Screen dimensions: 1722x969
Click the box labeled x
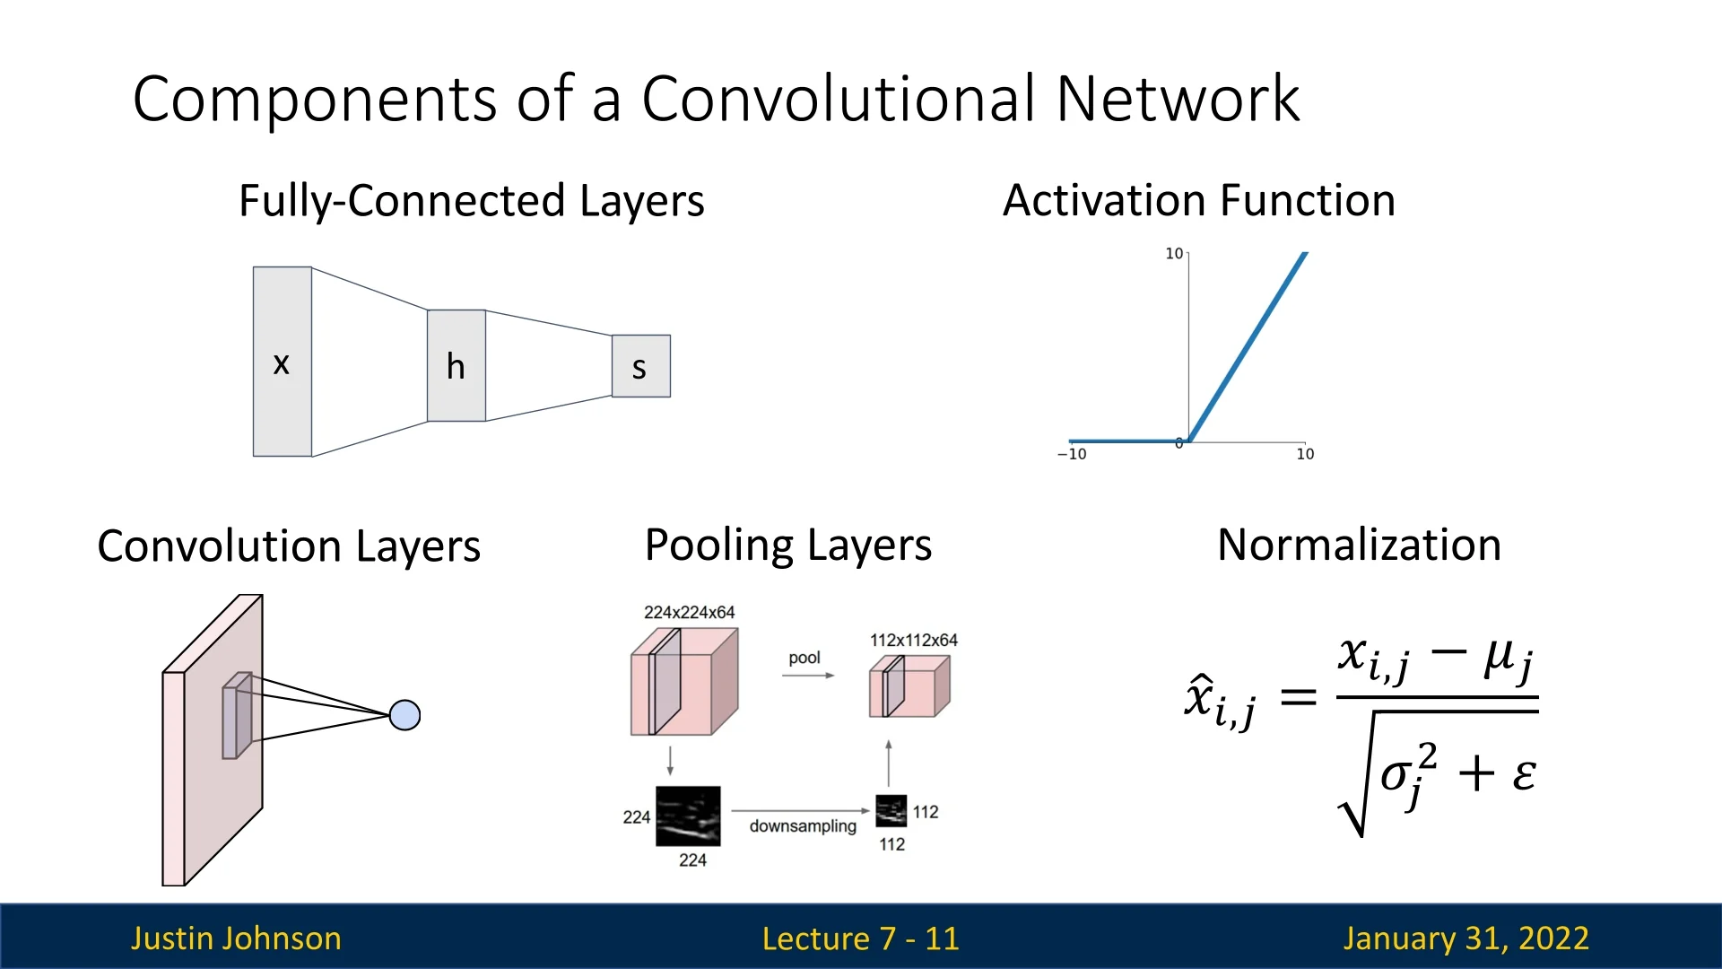coord(283,362)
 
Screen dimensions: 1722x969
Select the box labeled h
coord(457,365)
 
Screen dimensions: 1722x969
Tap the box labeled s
coord(641,366)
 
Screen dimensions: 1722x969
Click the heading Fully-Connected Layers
coord(472,201)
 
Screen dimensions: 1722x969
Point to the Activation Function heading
coord(1199,200)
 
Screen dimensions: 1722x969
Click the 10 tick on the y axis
coord(1174,254)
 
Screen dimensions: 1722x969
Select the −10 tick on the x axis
coord(1072,454)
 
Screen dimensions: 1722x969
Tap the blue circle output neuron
coord(405,715)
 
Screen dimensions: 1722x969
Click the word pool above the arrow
coord(804,659)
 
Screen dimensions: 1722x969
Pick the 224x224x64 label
coord(690,612)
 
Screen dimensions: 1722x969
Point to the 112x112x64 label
coord(914,640)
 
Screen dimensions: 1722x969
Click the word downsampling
coord(803,826)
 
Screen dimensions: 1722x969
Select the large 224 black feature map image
coord(688,816)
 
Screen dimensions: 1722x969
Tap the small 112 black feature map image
coord(891,811)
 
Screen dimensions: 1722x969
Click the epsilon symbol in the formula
coord(1524,773)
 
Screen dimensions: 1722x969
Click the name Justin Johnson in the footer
coord(236,938)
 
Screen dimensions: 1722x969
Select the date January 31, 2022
coord(1466,938)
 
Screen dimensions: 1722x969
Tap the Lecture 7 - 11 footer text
coord(861,938)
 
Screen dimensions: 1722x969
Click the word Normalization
coord(1360,545)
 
